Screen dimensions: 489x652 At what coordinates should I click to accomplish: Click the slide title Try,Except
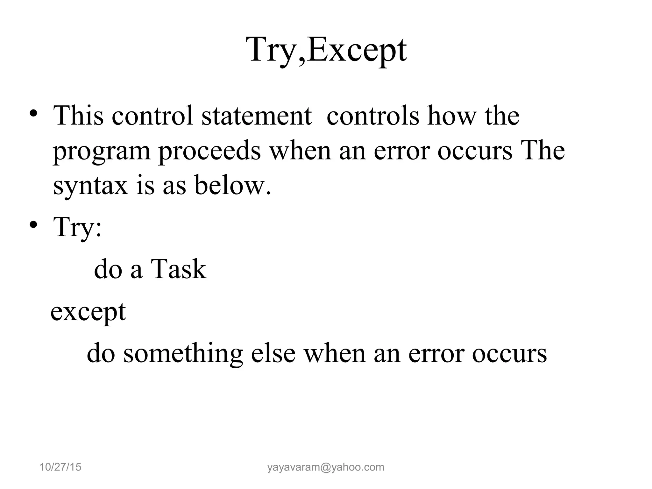pos(327,50)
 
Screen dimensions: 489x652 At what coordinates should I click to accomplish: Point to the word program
pos(101,152)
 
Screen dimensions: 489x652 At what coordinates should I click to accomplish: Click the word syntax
pos(90,186)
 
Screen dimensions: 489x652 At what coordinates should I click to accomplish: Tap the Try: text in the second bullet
pos(78,227)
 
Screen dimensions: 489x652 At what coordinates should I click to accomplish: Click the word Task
pos(178,269)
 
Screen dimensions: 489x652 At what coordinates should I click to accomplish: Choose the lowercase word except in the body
pos(88,312)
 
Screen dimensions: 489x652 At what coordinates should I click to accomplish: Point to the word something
pos(183,354)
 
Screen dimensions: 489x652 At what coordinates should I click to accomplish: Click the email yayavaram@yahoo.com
pos(326,467)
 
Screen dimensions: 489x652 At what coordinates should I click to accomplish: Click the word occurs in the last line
pos(509,354)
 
